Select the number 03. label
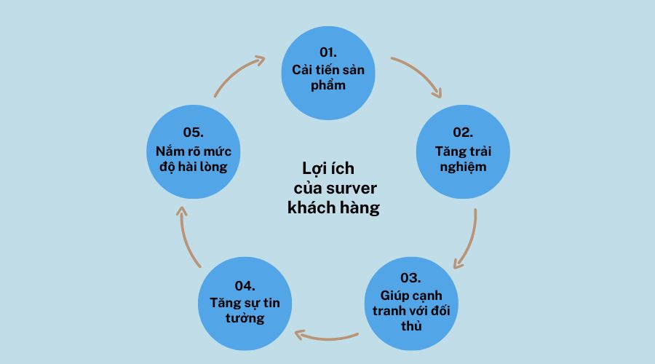pyautogui.click(x=410, y=278)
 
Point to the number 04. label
pyautogui.click(x=245, y=285)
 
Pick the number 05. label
pyautogui.click(x=192, y=132)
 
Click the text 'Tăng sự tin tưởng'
pyautogui.click(x=245, y=311)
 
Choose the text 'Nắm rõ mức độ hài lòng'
pyautogui.click(x=193, y=159)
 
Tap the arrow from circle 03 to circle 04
pyautogui.click(x=327, y=335)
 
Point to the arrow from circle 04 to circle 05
pyautogui.click(x=188, y=237)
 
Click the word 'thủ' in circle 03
pyautogui.click(x=410, y=325)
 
